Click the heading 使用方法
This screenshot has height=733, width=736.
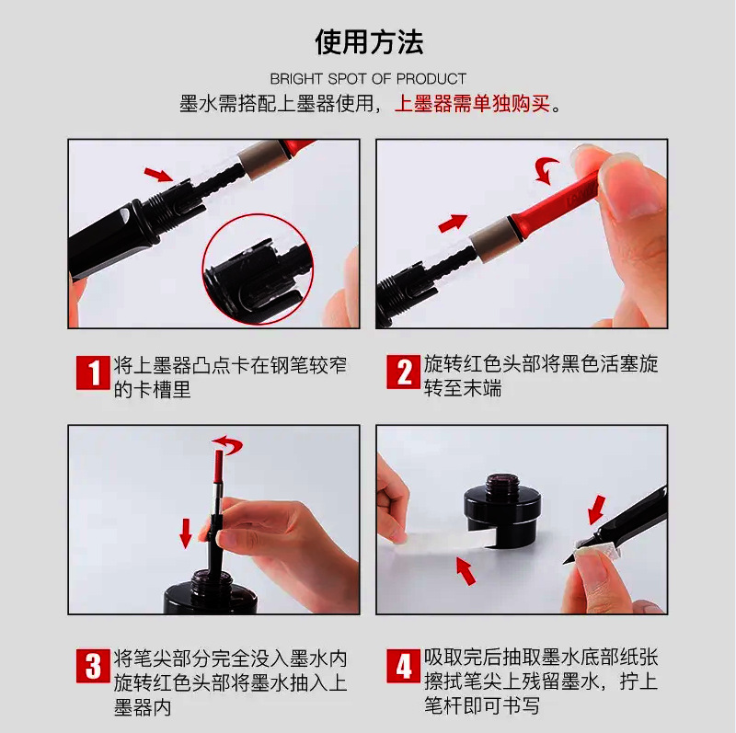tap(368, 42)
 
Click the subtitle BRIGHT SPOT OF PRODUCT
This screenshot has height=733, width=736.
tap(368, 79)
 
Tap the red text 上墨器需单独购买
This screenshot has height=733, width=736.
tap(472, 104)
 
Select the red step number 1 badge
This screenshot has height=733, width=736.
tap(91, 373)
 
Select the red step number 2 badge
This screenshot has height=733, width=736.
tap(404, 373)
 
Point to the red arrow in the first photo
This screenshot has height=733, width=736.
tap(158, 174)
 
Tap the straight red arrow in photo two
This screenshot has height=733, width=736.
tap(453, 223)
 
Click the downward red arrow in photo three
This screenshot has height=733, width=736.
tap(185, 532)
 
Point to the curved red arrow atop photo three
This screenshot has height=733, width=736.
tap(227, 445)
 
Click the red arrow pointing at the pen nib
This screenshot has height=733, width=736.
tap(597, 508)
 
